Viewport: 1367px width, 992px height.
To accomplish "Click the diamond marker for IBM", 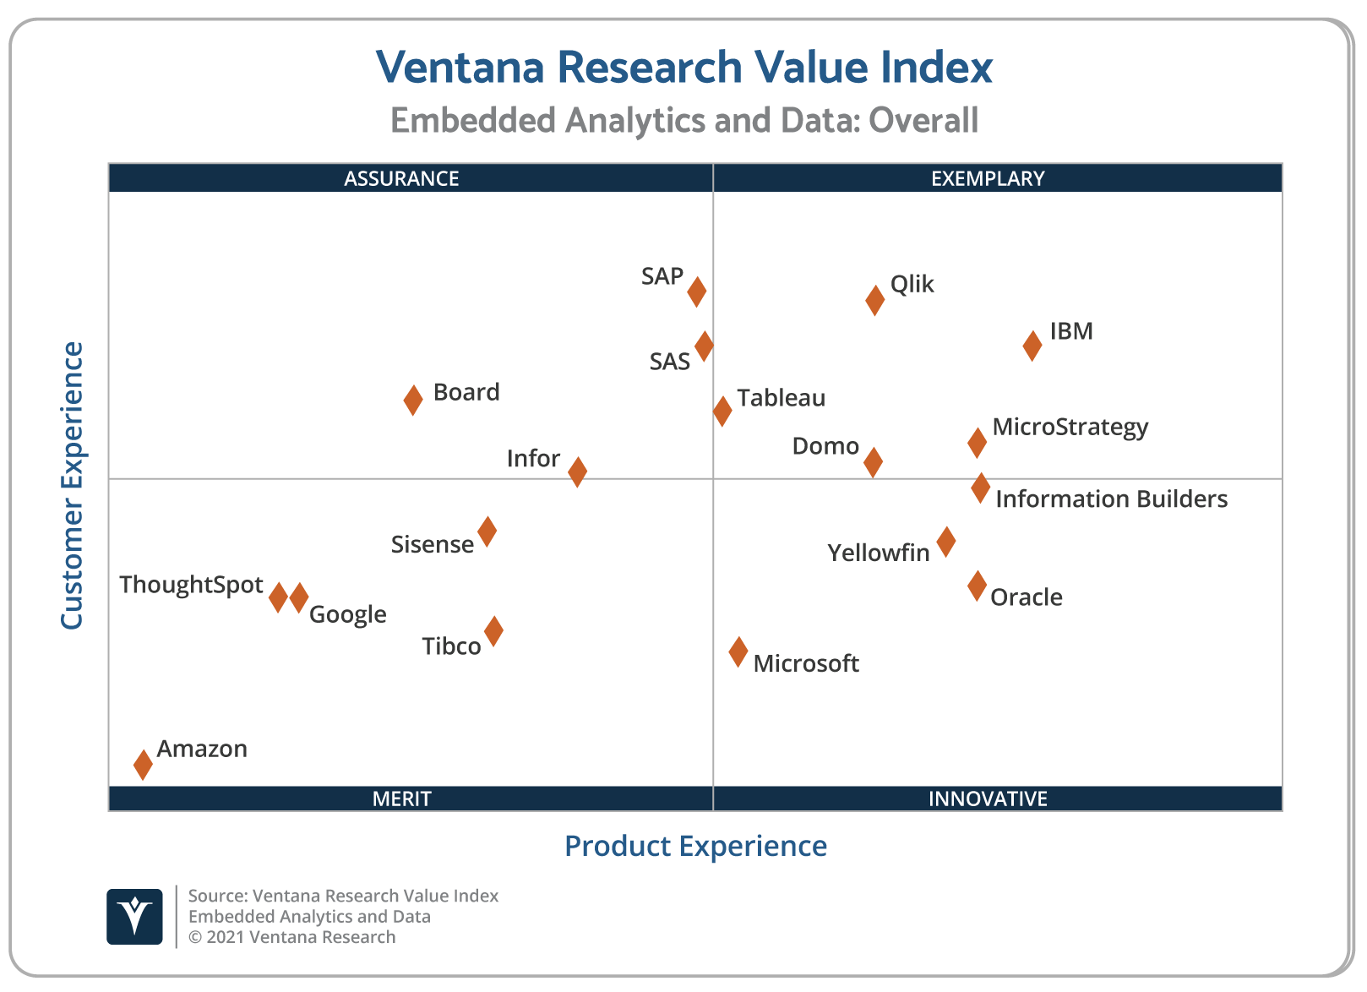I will pos(1032,345).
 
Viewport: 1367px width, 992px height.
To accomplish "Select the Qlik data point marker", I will pos(874,299).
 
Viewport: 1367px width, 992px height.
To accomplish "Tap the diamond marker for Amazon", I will pos(143,764).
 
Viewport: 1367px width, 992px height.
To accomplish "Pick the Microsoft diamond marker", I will pos(738,651).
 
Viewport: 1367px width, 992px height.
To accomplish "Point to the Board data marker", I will pos(412,400).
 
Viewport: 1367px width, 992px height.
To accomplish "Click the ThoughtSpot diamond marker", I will pos(278,597).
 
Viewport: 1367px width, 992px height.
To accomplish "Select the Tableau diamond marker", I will pos(722,411).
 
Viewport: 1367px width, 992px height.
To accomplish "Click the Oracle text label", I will pos(1026,597).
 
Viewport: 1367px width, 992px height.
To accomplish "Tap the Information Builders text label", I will pos(1111,499).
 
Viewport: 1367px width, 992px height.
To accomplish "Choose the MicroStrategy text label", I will pos(1070,427).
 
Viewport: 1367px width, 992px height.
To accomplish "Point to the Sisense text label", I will pos(432,545).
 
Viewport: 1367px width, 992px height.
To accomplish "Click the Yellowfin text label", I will pos(878,553).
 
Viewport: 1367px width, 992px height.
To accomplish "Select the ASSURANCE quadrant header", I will pos(401,178).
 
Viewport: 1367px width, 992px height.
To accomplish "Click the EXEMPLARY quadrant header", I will pos(988,178).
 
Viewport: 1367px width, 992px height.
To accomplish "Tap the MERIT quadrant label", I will pos(401,799).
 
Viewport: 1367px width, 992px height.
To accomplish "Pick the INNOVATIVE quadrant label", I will pos(988,799).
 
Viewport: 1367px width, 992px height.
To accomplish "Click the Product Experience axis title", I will pos(695,846).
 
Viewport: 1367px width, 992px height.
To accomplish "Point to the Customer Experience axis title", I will pos(73,485).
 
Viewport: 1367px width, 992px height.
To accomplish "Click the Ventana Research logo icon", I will pos(134,916).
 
